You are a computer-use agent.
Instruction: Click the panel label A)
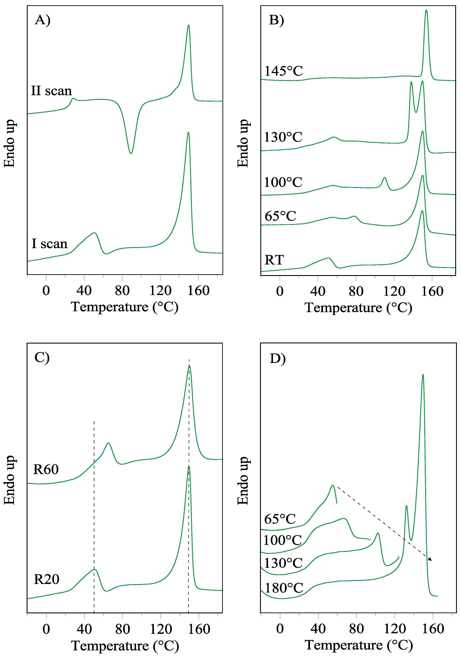pyautogui.click(x=42, y=20)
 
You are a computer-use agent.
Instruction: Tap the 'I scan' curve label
pyautogui.click(x=49, y=244)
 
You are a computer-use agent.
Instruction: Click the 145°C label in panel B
pyautogui.click(x=283, y=71)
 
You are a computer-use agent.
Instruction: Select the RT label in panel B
pyautogui.click(x=274, y=260)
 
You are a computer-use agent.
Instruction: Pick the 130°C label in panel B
pyautogui.click(x=283, y=137)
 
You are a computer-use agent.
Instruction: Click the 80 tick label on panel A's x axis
pyautogui.click(x=122, y=291)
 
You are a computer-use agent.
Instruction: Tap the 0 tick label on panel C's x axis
pyautogui.click(x=46, y=629)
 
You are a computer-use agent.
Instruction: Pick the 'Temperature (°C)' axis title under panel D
pyautogui.click(x=359, y=645)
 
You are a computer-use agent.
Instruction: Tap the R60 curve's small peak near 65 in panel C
pyautogui.click(x=108, y=443)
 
